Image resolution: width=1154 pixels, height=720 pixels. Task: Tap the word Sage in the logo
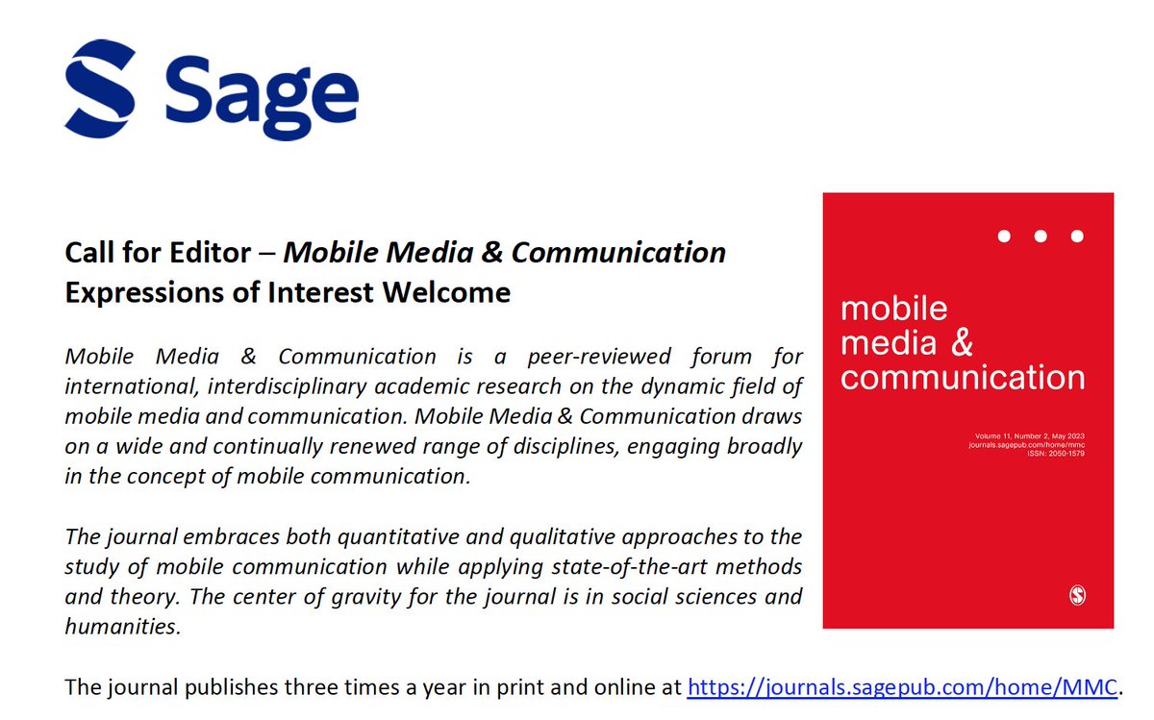click(x=261, y=93)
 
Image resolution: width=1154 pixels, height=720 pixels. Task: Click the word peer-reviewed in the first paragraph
click(x=599, y=357)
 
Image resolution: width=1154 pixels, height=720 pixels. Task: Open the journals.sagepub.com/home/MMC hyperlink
click(x=902, y=687)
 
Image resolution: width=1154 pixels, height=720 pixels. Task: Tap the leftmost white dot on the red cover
click(x=1004, y=236)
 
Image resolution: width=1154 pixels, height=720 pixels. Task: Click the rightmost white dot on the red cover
click(x=1077, y=236)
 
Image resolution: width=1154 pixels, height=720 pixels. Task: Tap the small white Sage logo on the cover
click(x=1078, y=596)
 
